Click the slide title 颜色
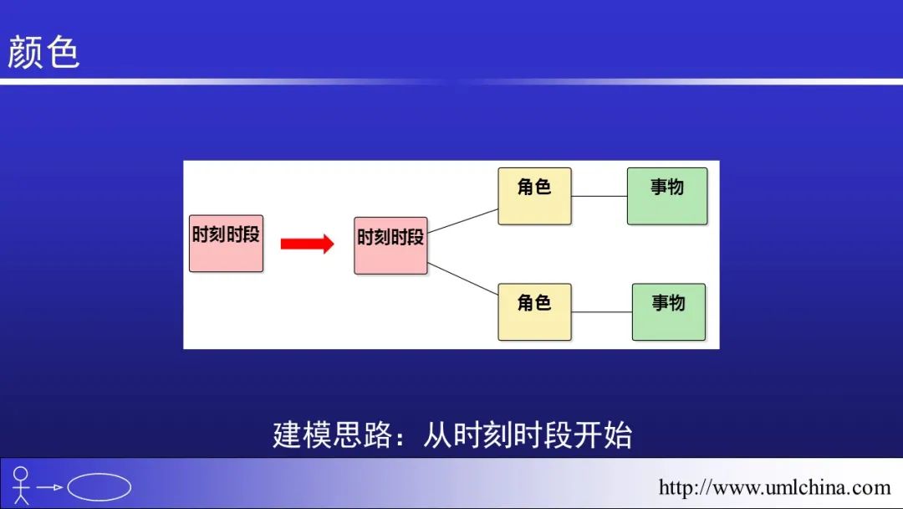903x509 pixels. point(43,52)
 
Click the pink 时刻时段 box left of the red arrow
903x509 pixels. point(226,242)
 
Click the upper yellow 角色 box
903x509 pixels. point(534,196)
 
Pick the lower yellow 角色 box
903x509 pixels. point(534,311)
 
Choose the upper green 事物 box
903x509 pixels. point(667,196)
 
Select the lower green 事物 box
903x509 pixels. point(668,311)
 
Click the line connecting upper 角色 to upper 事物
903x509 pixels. point(599,196)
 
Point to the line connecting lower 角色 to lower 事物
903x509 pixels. point(602,312)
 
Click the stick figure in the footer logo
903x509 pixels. point(21,485)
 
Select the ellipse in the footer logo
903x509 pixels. point(99,486)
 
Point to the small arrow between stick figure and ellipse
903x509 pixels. point(51,487)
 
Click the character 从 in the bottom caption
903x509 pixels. point(438,435)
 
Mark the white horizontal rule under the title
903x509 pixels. point(451,81)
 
